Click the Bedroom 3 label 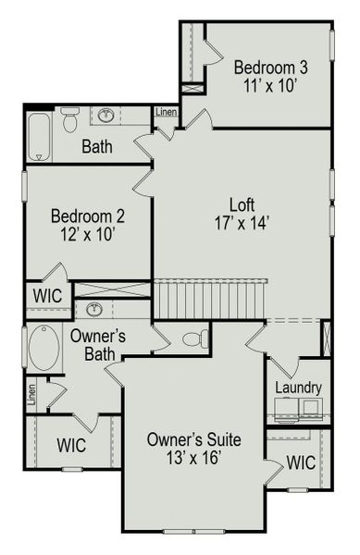click(x=270, y=68)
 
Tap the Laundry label click(x=297, y=388)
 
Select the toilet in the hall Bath click(x=70, y=119)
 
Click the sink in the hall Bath click(x=107, y=116)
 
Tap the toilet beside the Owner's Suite click(x=192, y=338)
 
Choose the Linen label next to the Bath click(x=167, y=112)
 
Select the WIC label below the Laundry click(x=301, y=461)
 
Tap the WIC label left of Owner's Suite click(x=71, y=446)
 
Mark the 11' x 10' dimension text click(x=270, y=86)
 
